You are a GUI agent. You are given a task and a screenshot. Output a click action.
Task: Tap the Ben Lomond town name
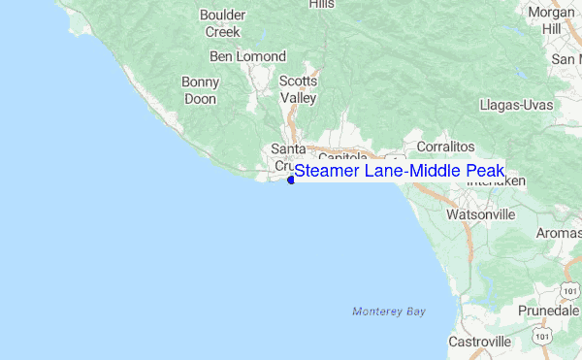point(247,57)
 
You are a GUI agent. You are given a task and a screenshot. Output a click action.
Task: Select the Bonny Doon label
point(200,90)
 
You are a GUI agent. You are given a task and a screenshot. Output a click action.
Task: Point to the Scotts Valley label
point(298,89)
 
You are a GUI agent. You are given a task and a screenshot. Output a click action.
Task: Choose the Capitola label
point(342,156)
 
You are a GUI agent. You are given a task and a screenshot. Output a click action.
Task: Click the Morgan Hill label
point(552,20)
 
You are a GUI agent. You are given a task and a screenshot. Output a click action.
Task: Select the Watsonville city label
point(480,213)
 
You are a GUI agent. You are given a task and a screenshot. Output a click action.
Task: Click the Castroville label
point(479,342)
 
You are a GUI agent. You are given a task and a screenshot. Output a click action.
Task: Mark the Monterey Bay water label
point(389,311)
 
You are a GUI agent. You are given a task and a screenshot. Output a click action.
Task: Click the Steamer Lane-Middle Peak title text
point(400,172)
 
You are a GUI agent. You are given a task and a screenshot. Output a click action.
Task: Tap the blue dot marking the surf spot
point(291,180)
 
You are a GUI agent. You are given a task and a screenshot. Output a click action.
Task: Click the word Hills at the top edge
point(321,5)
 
